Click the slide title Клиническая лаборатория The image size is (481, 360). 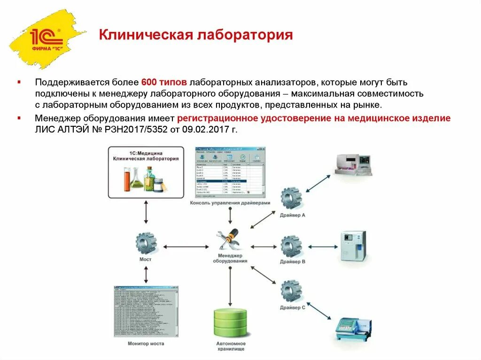point(195,35)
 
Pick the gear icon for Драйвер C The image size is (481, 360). point(292,291)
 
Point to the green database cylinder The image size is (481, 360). point(230,325)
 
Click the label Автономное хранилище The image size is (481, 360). point(230,346)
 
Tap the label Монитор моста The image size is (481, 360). point(146,344)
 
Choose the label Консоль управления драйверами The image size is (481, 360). point(230,203)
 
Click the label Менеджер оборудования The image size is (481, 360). point(230,258)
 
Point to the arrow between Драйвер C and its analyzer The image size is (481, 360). point(319,311)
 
